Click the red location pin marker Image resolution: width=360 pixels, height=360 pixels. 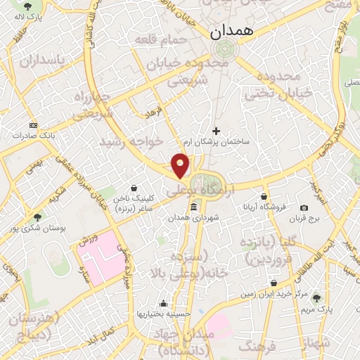181,166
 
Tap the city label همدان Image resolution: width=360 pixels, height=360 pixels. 229,32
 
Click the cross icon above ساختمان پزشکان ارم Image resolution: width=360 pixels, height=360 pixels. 216,130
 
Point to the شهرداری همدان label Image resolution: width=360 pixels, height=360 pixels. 193,218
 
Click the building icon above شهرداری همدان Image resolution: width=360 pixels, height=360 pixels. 193,207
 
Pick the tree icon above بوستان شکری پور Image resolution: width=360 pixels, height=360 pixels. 37,217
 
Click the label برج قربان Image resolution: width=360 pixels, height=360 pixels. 304,219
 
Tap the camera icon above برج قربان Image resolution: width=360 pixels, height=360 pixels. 304,207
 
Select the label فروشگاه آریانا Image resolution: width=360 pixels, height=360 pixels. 264,207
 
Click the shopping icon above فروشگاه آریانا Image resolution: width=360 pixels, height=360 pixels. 264,196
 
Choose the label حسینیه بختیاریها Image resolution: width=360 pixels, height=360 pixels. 163,314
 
